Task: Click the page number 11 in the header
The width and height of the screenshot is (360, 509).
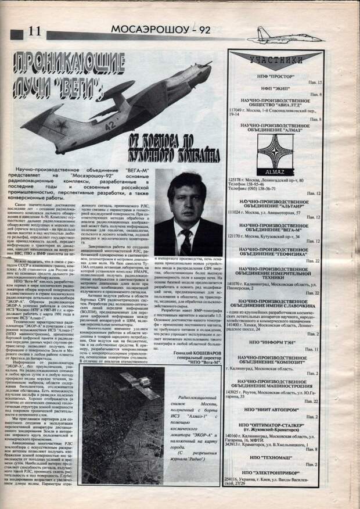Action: [x=34, y=30]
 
